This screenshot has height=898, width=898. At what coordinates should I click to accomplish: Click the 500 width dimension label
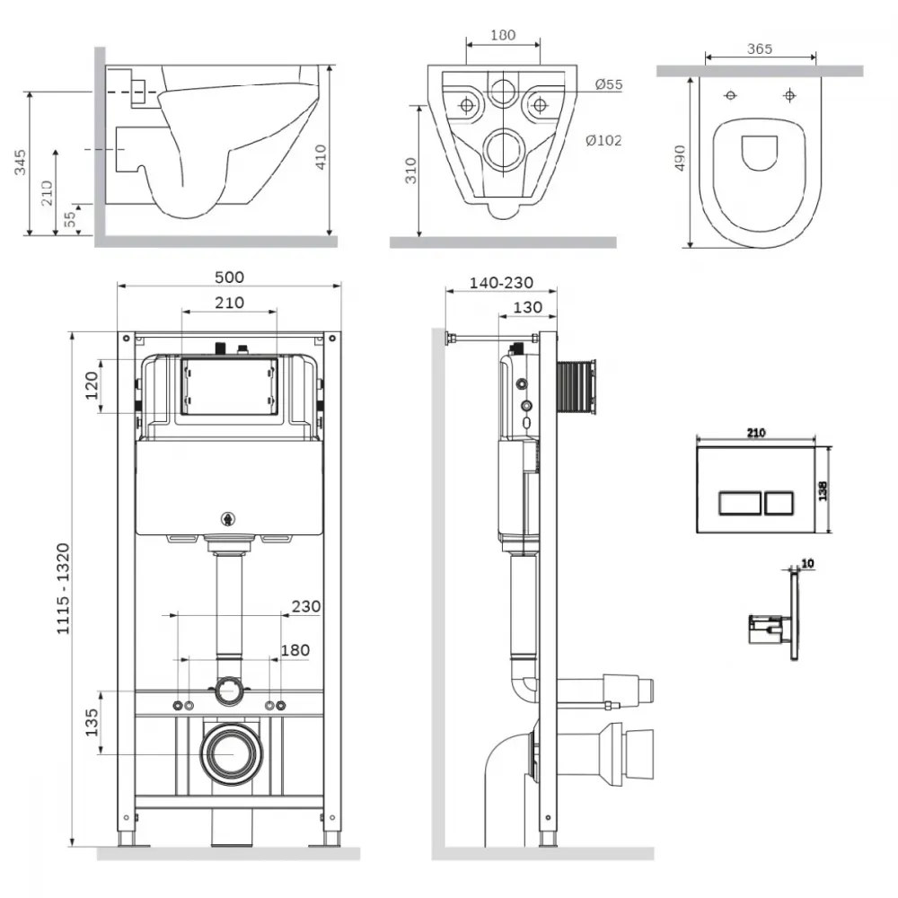(x=229, y=277)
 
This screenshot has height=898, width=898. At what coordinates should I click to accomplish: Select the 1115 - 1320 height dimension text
(x=63, y=589)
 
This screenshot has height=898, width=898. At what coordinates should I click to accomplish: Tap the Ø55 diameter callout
(x=608, y=84)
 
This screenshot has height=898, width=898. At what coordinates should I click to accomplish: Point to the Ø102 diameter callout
(x=603, y=140)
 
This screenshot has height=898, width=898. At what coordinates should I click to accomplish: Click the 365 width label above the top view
(x=760, y=49)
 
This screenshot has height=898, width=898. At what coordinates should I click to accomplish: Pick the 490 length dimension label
(x=680, y=157)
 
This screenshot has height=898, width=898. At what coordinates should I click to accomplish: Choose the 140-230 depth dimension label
(x=501, y=283)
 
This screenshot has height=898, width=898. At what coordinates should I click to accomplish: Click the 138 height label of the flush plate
(x=823, y=491)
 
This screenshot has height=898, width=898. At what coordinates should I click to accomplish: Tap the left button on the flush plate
(x=740, y=504)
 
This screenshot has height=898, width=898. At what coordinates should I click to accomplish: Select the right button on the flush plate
(x=779, y=504)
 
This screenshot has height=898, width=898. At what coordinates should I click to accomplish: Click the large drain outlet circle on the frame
(x=232, y=754)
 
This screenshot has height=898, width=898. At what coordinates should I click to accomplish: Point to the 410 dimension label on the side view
(x=321, y=157)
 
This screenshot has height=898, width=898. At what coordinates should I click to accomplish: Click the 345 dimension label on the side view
(x=20, y=162)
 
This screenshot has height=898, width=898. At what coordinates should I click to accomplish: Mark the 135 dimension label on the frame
(x=92, y=723)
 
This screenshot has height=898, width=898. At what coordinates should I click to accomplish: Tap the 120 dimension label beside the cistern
(x=92, y=385)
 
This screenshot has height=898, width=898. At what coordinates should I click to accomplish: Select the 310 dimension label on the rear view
(x=410, y=171)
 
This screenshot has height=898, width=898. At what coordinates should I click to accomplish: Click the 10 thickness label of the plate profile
(x=807, y=564)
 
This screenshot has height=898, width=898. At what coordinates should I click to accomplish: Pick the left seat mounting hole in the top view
(x=731, y=96)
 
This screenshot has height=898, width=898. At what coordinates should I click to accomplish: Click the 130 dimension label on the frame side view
(x=527, y=307)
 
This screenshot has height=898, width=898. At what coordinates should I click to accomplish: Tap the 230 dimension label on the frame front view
(x=306, y=606)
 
